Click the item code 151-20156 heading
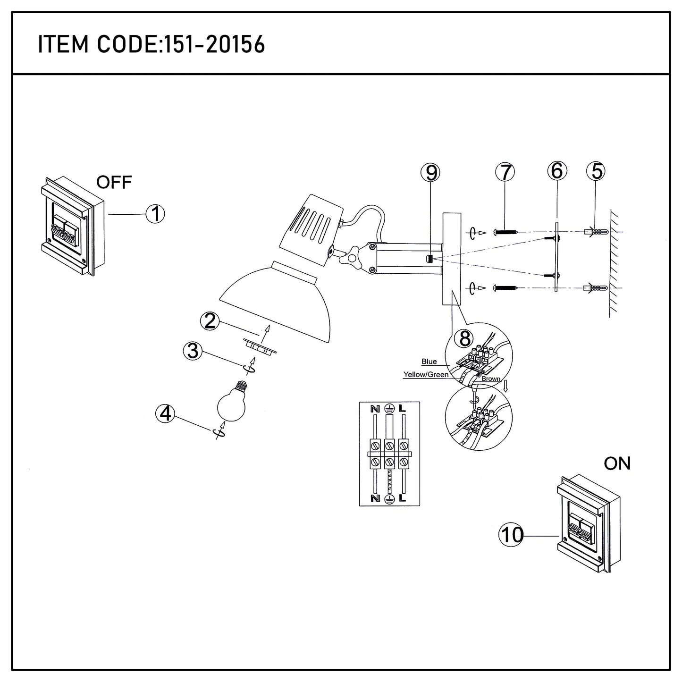(x=151, y=45)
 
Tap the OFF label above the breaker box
(x=114, y=182)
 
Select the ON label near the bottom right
(x=617, y=464)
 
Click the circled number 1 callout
(x=155, y=214)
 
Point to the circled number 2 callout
(x=208, y=321)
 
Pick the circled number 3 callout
(x=193, y=351)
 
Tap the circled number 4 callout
(x=165, y=414)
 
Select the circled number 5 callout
(x=597, y=171)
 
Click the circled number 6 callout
(x=557, y=171)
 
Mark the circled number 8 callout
(x=465, y=338)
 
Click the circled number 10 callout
(x=512, y=535)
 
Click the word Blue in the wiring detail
(x=429, y=362)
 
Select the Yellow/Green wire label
(x=426, y=375)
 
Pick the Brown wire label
(x=491, y=379)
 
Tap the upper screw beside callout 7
(x=505, y=232)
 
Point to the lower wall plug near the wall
(x=594, y=288)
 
